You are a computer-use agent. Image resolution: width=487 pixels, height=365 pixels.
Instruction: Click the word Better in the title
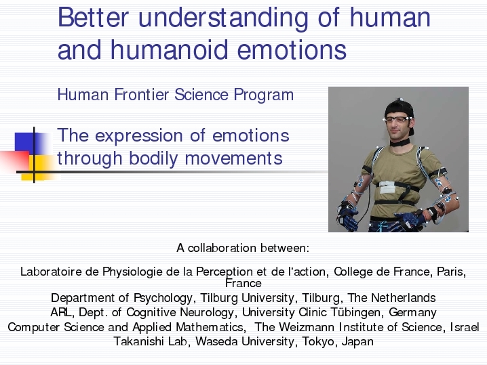(x=93, y=18)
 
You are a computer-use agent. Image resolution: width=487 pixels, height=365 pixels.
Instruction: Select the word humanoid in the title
(x=170, y=49)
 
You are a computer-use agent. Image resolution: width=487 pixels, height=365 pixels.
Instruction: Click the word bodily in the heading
(x=153, y=158)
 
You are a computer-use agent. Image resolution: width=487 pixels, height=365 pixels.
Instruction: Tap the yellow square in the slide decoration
(x=41, y=167)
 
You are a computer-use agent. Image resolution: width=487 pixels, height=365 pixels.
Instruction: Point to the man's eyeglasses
(x=397, y=119)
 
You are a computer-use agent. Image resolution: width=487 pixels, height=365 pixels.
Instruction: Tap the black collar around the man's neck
(x=400, y=142)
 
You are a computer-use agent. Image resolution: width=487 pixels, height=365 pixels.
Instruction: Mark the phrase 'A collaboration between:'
(x=243, y=248)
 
